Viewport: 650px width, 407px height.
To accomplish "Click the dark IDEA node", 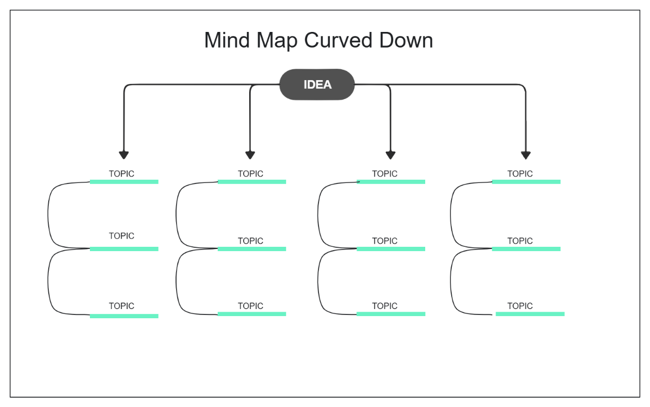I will (317, 84).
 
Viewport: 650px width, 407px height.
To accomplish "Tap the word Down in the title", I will (407, 41).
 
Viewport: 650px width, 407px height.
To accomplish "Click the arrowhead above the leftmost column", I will (124, 155).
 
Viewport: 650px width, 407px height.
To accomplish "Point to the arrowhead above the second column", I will (250, 155).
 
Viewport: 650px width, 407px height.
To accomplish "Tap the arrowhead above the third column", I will (391, 155).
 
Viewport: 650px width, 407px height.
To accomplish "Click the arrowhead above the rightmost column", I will (525, 155).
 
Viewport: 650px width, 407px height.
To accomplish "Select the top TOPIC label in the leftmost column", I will (121, 174).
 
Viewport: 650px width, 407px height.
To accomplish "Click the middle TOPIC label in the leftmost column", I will (121, 236).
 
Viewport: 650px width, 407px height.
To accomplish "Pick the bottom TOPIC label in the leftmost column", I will (121, 306).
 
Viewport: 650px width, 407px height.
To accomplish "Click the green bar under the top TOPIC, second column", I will (251, 182).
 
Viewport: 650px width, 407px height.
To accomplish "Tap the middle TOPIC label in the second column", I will (250, 241).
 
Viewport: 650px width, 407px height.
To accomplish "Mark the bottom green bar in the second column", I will (251, 314).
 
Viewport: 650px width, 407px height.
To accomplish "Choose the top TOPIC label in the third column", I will (385, 174).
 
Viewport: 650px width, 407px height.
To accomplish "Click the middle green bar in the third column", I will (391, 249).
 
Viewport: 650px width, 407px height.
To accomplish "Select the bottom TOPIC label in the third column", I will (385, 306).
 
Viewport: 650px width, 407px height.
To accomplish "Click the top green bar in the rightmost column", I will (526, 182).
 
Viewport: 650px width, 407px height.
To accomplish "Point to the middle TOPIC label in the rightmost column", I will (520, 241).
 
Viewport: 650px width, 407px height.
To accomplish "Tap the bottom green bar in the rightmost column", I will (530, 314).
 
